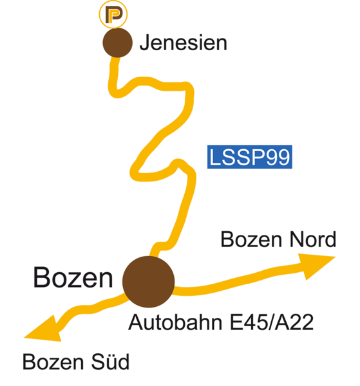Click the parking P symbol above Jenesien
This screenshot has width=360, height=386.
coord(113,14)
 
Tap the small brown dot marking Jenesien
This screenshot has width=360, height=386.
coord(118,42)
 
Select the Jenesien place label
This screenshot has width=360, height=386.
coord(184,43)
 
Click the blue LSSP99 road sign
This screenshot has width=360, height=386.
coord(250,157)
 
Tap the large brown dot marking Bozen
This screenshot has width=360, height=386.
coord(149,282)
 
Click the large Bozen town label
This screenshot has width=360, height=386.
coord(73,277)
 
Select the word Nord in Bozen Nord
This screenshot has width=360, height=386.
coord(313,239)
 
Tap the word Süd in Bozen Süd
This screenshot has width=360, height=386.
coord(110,362)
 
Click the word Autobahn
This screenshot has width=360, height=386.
coord(175,322)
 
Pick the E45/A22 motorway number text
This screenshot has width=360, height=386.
coord(272,322)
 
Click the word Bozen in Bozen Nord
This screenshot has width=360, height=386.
coord(251,239)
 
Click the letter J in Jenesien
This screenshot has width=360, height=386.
coord(145,43)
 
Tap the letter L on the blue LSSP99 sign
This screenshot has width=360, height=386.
coord(215,157)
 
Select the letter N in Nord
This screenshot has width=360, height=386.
coord(296,239)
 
